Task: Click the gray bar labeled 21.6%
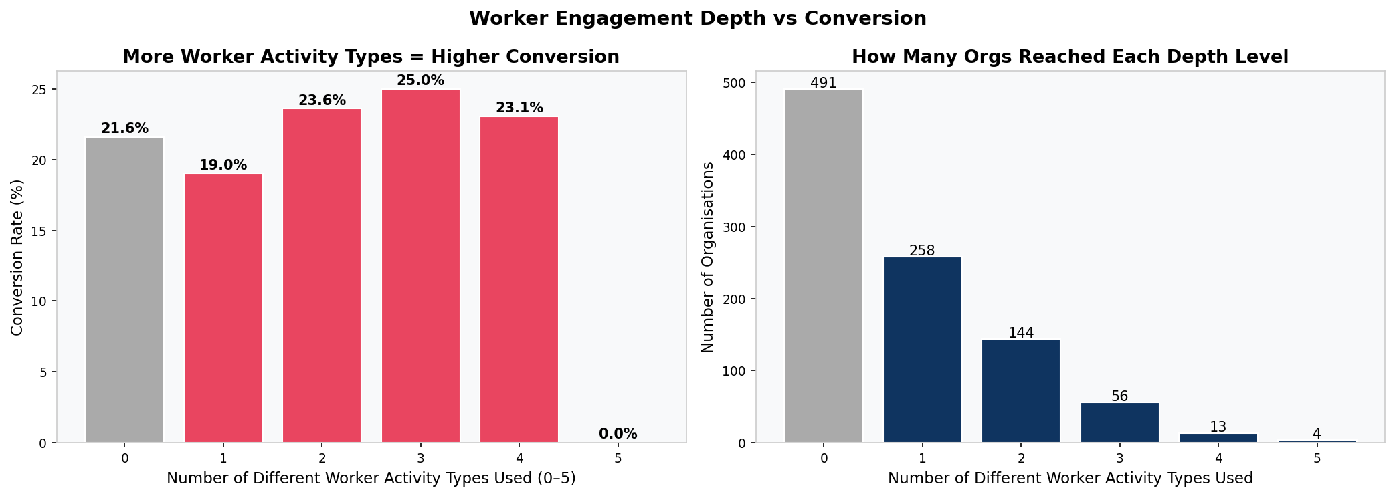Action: (x=124, y=289)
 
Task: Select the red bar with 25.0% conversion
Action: (x=421, y=265)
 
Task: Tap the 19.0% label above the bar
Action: (x=223, y=165)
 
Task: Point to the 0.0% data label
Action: (x=618, y=434)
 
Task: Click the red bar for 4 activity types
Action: (x=519, y=279)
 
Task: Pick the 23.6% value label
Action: (x=322, y=100)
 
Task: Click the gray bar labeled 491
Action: (x=824, y=265)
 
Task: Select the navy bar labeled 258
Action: (x=922, y=350)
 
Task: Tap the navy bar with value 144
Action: (x=1021, y=390)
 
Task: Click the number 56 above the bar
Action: (x=1119, y=396)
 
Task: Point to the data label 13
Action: (x=1218, y=427)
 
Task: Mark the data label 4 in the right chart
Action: (x=1317, y=434)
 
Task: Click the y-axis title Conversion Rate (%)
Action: (x=17, y=257)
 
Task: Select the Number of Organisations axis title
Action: (x=707, y=257)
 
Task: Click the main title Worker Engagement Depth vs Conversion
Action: (x=697, y=19)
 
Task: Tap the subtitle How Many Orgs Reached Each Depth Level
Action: (x=1070, y=57)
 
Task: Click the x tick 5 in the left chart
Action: (x=618, y=459)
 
